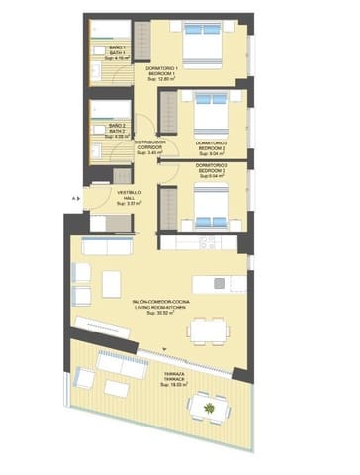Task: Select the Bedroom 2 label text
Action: (212, 146)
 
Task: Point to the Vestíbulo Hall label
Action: (104, 198)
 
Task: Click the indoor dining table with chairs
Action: (207, 330)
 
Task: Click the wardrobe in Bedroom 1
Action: (138, 46)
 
